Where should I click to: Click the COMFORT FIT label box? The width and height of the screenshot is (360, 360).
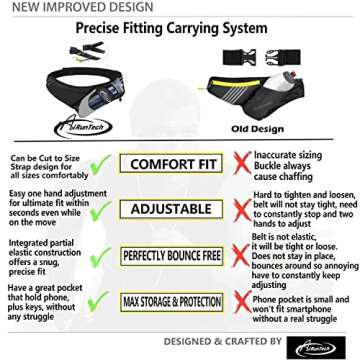[x=176, y=163]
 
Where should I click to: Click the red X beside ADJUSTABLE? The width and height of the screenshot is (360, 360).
[x=240, y=208]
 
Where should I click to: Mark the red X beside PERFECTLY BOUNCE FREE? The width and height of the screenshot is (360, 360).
[x=240, y=256]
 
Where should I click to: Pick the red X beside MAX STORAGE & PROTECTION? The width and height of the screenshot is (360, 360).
[x=240, y=301]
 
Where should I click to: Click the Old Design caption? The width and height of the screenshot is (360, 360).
[x=271, y=129]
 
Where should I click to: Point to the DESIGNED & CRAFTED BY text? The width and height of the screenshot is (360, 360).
[x=223, y=342]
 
